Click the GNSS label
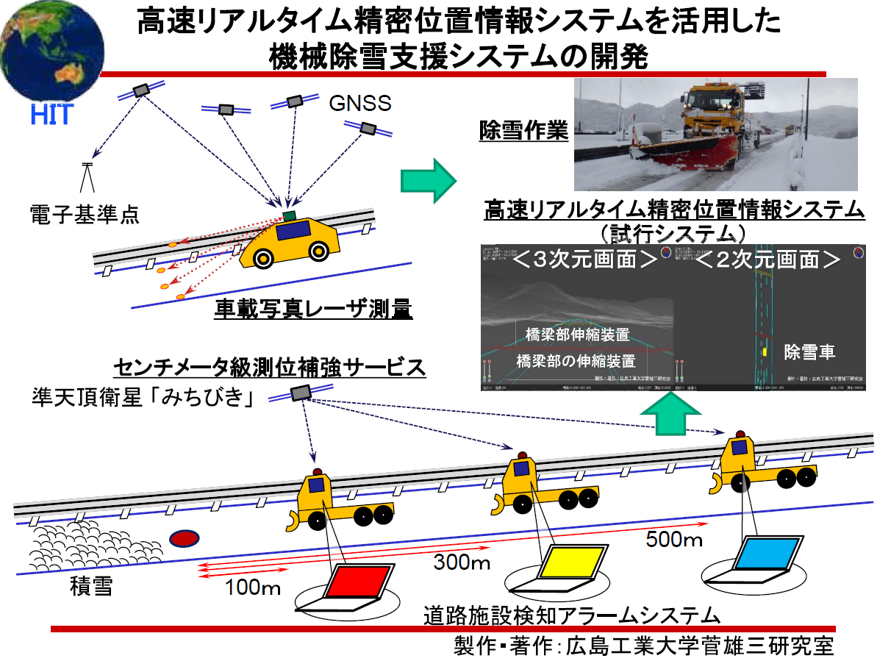(x=360, y=101)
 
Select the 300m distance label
(x=462, y=563)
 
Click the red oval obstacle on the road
(x=185, y=539)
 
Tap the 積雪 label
(x=91, y=587)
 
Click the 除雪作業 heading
(x=523, y=131)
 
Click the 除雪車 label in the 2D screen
(x=809, y=351)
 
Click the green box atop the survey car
(x=288, y=215)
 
